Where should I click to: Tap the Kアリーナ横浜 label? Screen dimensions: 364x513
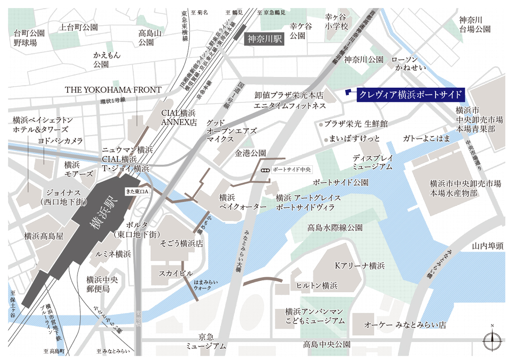(x=359, y=266)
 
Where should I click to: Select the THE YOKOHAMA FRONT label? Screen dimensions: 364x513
(x=113, y=90)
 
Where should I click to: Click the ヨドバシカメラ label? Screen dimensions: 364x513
(x=60, y=140)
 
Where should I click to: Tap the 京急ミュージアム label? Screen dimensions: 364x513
(x=206, y=341)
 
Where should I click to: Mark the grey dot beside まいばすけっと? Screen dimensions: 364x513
(x=325, y=139)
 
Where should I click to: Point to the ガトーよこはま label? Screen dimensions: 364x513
(x=426, y=139)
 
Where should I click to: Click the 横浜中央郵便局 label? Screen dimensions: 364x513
(x=103, y=284)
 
